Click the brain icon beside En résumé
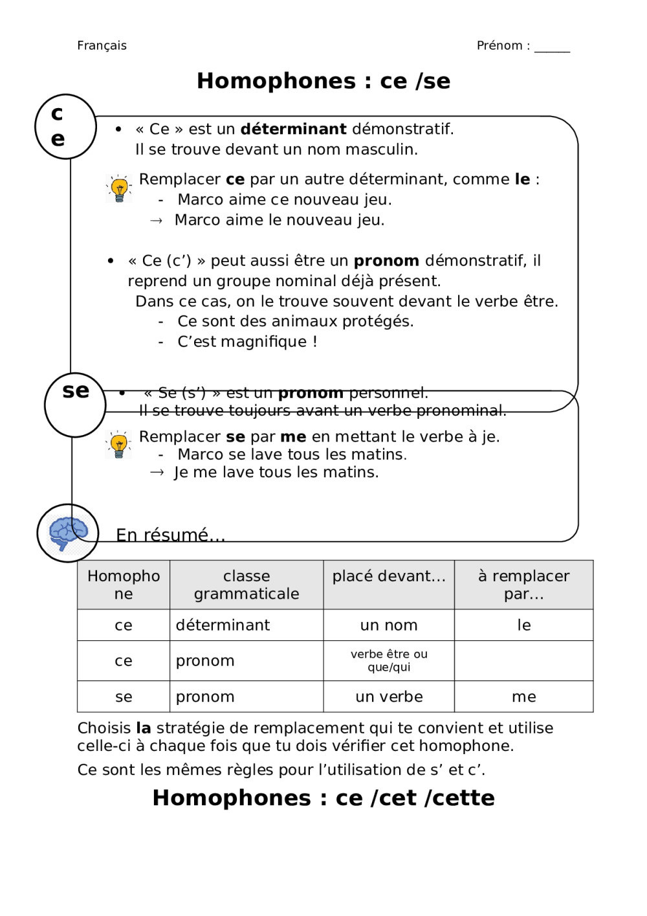(68, 533)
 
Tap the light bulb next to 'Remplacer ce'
(119, 188)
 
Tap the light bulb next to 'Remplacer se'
(119, 444)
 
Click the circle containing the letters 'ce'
(65, 126)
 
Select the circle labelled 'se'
(75, 404)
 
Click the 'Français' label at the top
(102, 45)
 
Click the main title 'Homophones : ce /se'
(323, 81)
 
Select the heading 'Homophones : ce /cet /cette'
(323, 798)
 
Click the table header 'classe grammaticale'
(247, 585)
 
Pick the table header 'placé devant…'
(389, 576)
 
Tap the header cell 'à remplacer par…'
(523, 585)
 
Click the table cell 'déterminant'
(223, 625)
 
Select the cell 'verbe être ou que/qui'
(389, 660)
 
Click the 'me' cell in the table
(523, 697)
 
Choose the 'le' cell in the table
(523, 625)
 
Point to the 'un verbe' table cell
(389, 697)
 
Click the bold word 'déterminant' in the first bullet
(293, 129)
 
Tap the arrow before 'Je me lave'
(157, 473)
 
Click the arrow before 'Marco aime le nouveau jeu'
(156, 221)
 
